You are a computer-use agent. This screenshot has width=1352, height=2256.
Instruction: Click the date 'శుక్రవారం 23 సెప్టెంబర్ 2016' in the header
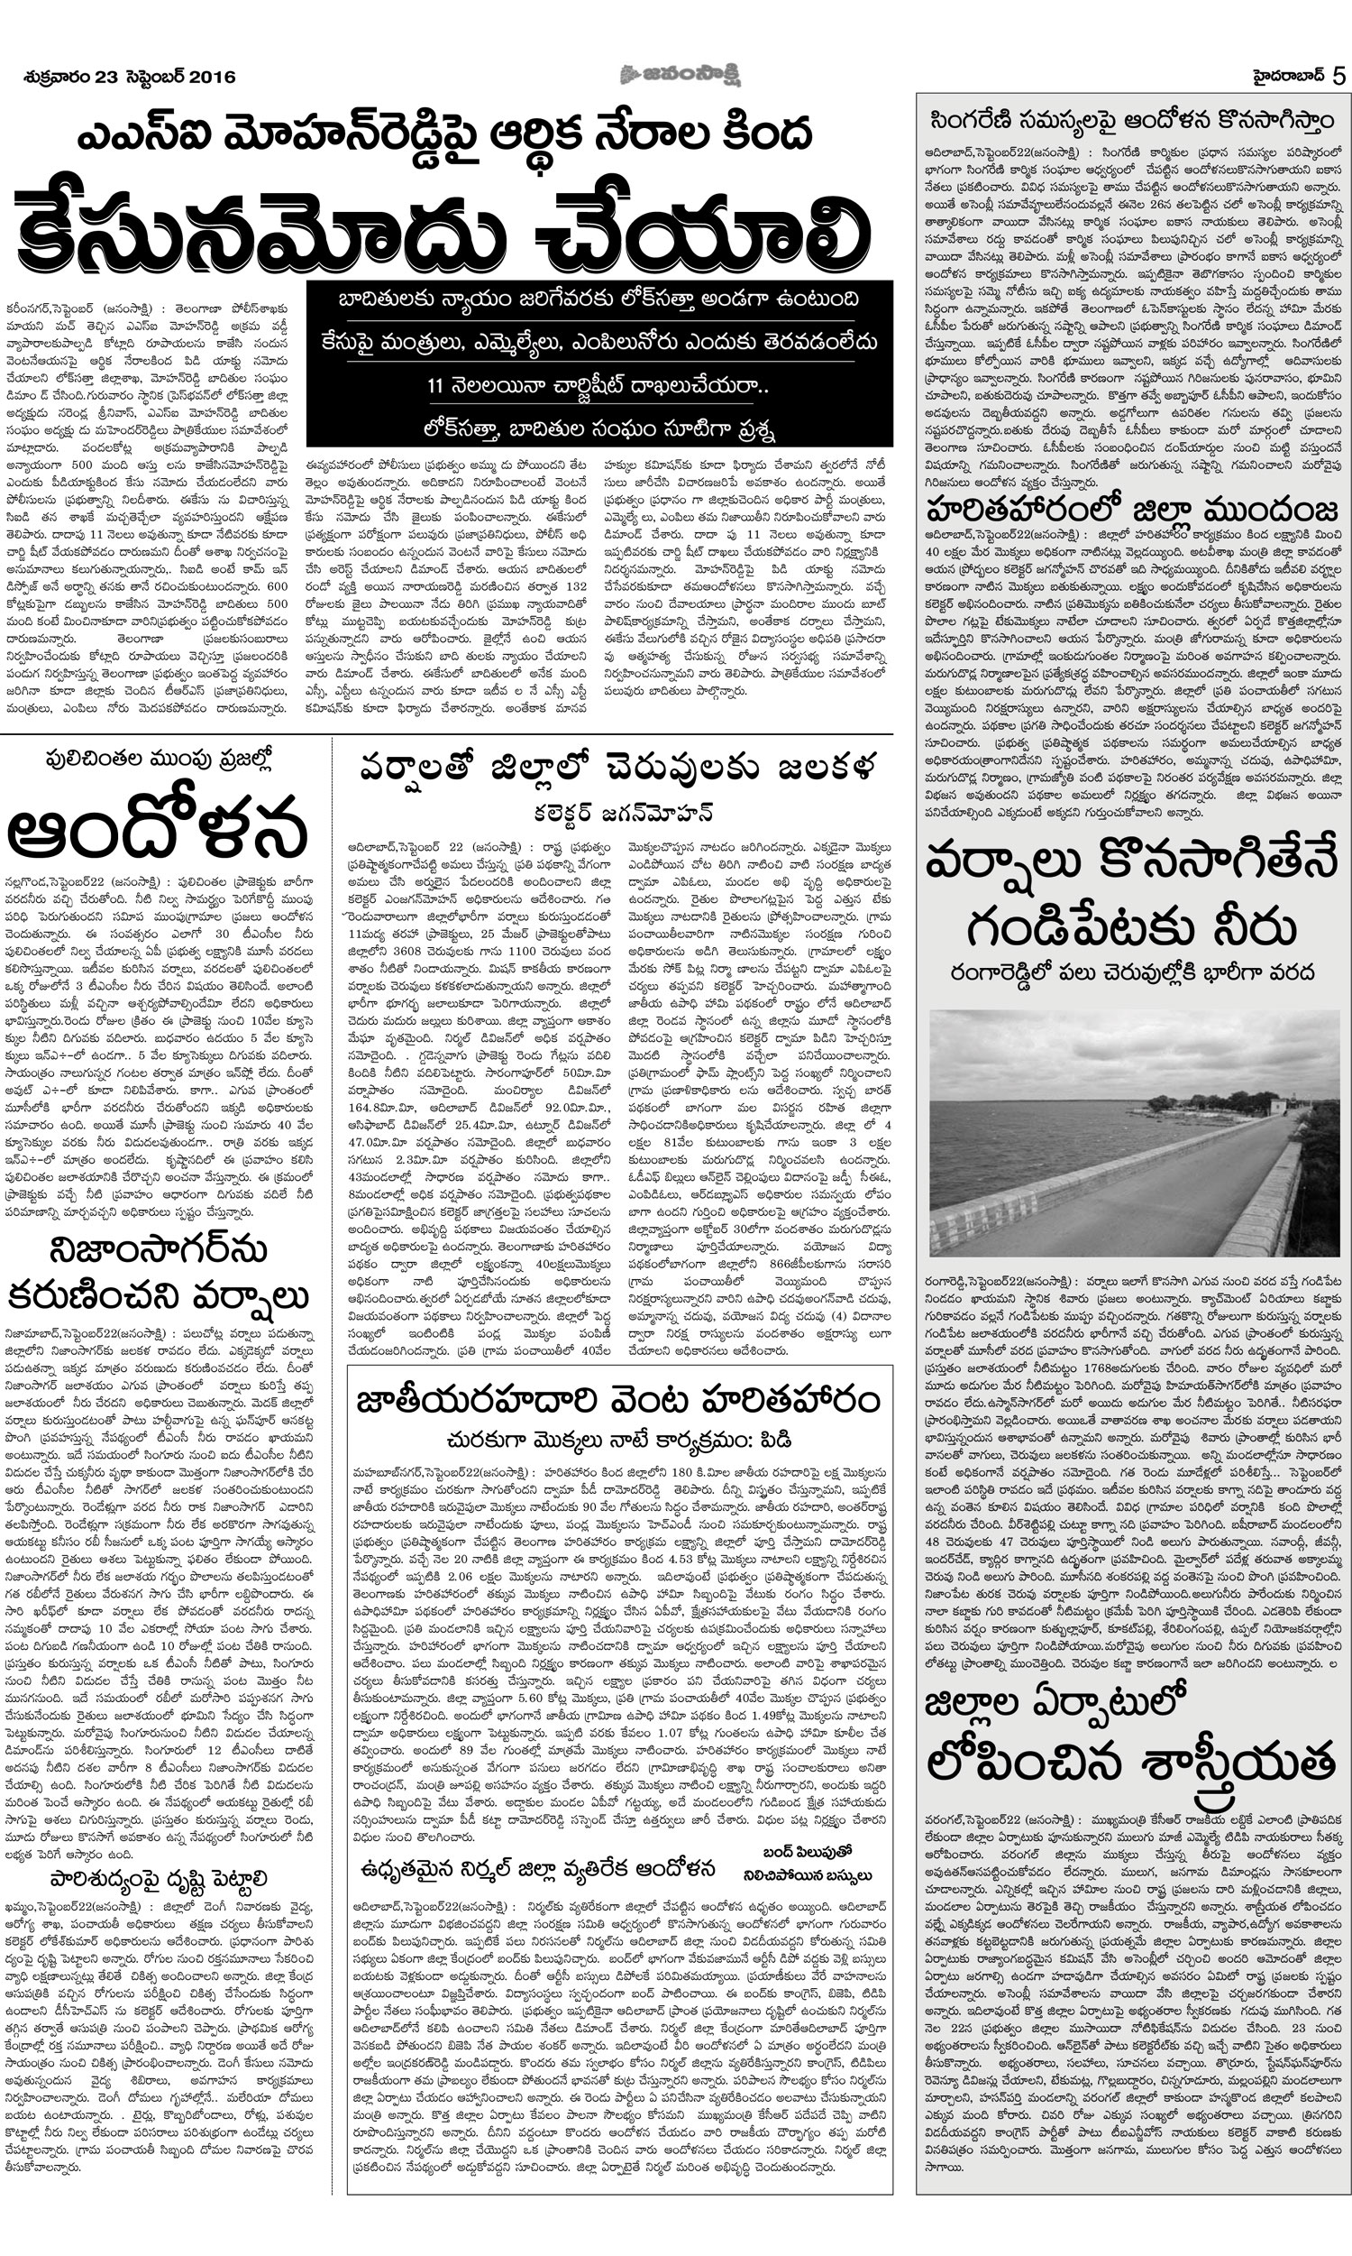coord(129,77)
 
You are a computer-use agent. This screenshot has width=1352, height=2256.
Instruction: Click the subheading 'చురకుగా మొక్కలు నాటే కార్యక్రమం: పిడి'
coord(618,1440)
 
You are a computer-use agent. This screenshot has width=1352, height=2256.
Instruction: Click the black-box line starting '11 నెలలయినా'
coord(598,385)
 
